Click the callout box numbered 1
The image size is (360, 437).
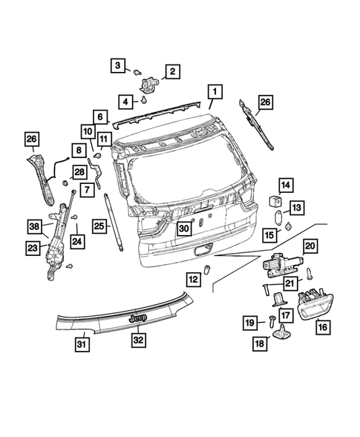click(x=214, y=92)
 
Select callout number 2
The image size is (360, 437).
click(x=172, y=71)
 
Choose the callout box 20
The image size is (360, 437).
click(x=310, y=246)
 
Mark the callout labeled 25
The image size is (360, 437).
click(x=99, y=225)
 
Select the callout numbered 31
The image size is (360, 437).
click(x=83, y=344)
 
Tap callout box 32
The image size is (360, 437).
click(x=139, y=340)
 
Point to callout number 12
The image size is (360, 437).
click(x=192, y=280)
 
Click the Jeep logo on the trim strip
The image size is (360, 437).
click(x=138, y=318)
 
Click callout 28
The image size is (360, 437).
click(x=59, y=173)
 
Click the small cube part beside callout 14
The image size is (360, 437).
click(x=272, y=200)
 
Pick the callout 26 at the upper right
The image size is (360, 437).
click(x=265, y=102)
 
